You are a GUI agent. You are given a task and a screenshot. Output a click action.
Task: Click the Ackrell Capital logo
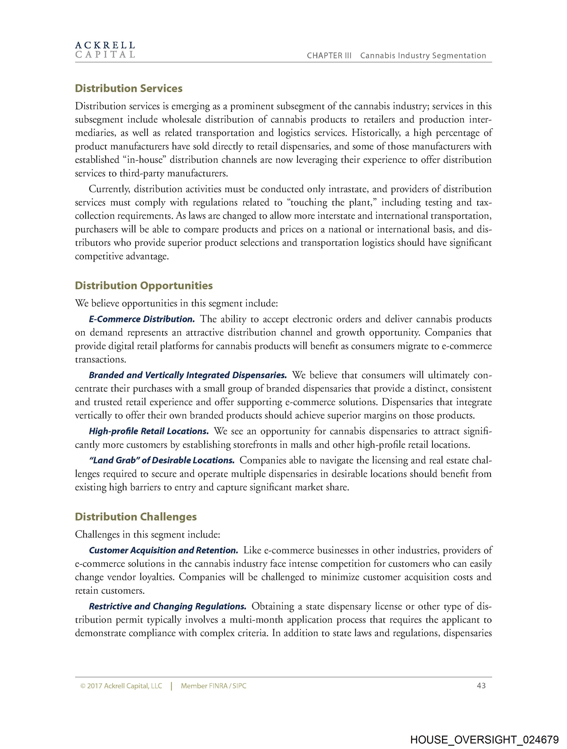tap(105, 50)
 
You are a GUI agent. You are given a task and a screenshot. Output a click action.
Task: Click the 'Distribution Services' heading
tap(129, 88)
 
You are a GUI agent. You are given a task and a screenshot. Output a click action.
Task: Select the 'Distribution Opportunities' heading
tap(144, 285)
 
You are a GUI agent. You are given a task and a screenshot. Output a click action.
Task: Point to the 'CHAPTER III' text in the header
tap(329, 56)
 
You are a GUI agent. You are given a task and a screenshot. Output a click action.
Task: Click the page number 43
tap(481, 686)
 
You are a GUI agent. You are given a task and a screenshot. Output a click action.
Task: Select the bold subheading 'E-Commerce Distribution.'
tap(142, 319)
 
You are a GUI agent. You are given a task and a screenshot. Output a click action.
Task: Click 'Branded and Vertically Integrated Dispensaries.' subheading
tap(188, 375)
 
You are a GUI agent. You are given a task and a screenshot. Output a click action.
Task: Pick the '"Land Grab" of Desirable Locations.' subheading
tap(162, 460)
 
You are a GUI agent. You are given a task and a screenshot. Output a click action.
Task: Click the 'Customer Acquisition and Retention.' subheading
tap(163, 550)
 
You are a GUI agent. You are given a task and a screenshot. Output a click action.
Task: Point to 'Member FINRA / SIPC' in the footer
tap(213, 686)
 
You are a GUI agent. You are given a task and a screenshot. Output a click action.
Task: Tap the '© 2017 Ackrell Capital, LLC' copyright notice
tap(121, 686)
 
